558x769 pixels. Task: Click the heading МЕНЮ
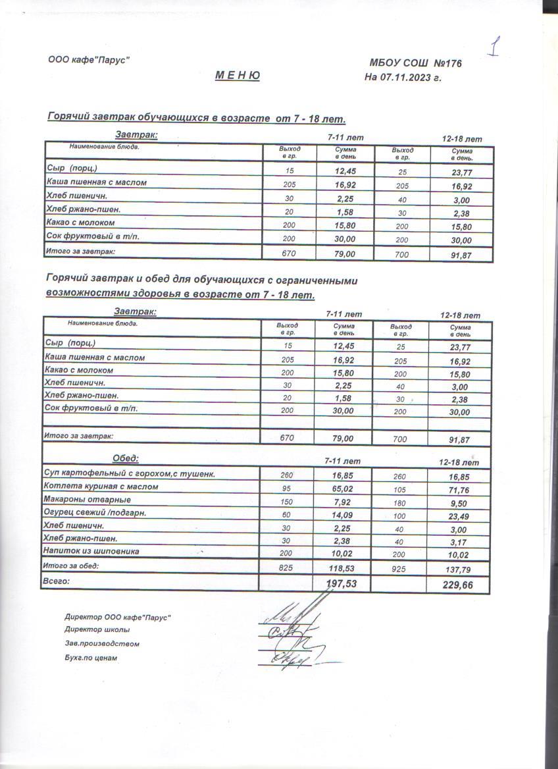point(238,76)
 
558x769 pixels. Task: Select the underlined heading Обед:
point(126,458)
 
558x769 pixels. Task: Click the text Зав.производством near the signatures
point(102,643)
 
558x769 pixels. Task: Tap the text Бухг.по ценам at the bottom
point(91,657)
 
